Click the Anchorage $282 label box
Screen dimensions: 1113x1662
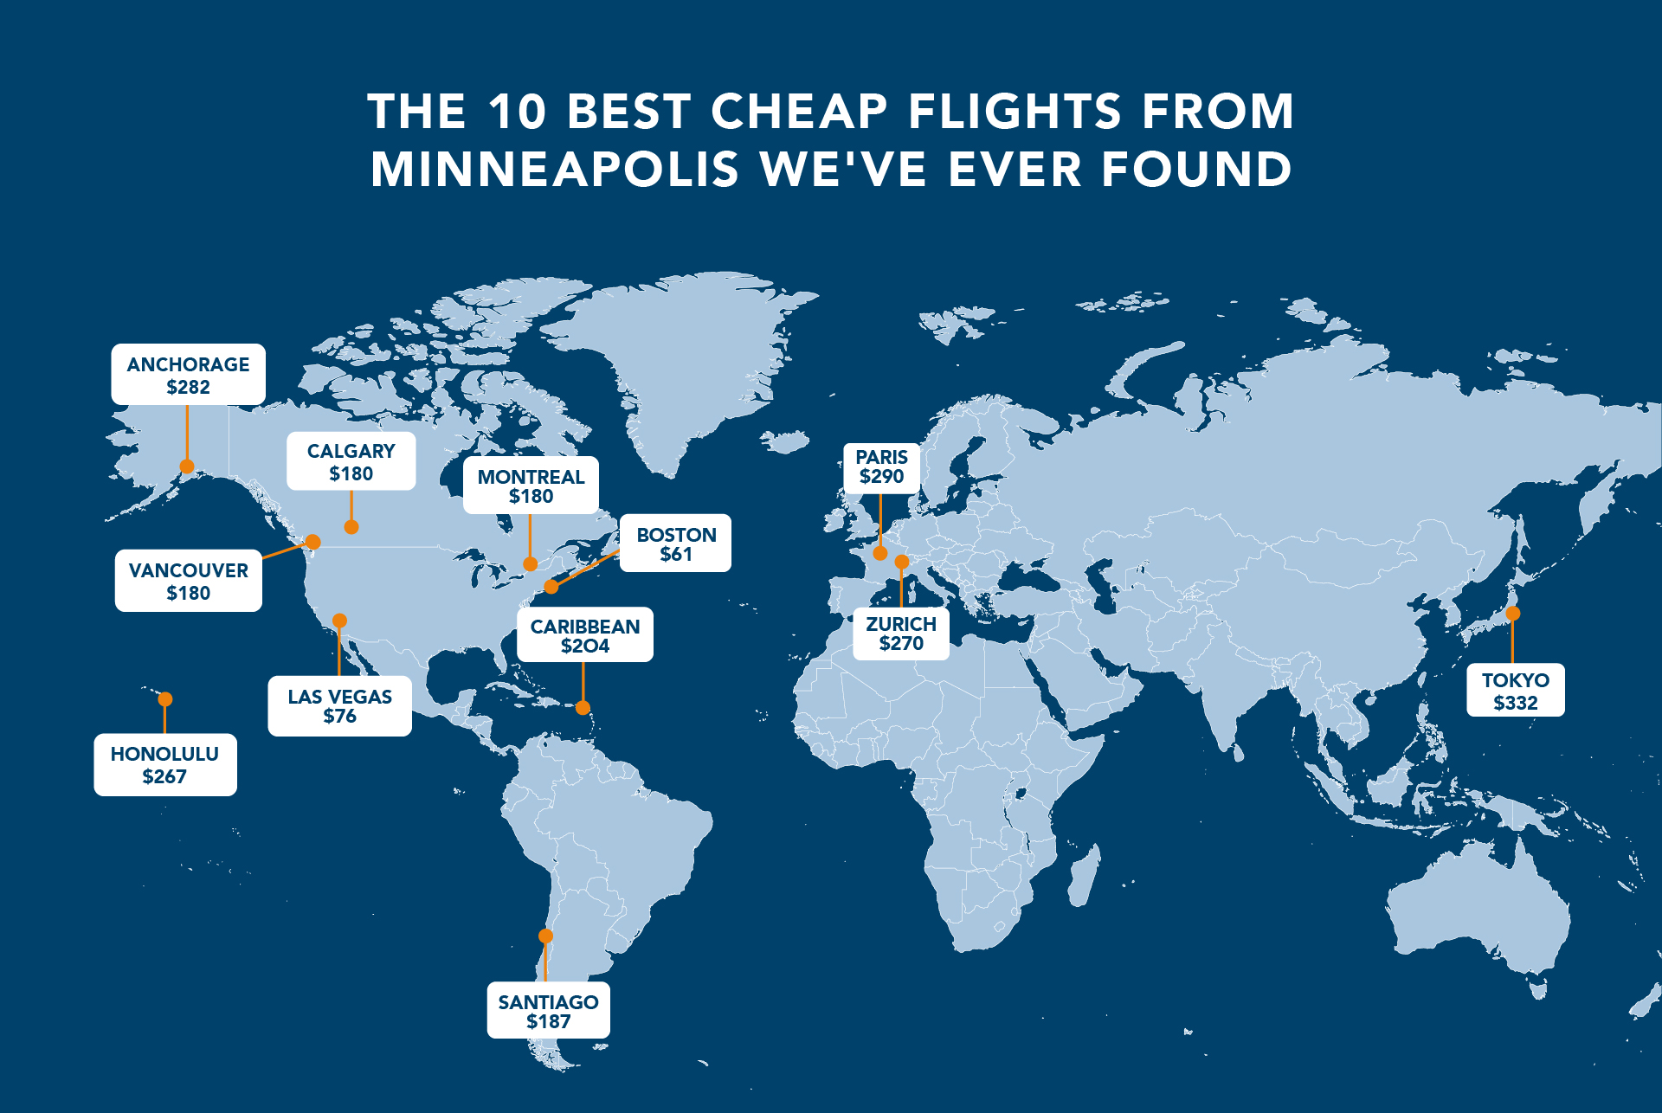188,375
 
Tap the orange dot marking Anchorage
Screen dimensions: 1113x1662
187,466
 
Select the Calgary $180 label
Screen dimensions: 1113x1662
351,461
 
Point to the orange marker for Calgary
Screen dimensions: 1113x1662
351,527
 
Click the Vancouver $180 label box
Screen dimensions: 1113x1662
188,581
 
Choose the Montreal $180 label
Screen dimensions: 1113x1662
531,486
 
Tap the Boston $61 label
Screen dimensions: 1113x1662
676,544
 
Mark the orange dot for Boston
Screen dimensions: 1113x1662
551,587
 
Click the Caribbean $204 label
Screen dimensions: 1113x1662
585,635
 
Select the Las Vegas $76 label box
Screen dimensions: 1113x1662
339,706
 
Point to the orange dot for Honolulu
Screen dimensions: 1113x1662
165,699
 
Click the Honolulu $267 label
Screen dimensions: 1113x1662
164,765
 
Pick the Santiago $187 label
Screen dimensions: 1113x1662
548,1011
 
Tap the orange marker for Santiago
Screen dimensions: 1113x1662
545,936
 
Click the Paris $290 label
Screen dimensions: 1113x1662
881,467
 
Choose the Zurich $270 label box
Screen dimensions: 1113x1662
901,634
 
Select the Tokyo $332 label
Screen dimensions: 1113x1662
1515,691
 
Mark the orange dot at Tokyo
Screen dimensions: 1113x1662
1512,614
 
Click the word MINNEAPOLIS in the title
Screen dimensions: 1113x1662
555,169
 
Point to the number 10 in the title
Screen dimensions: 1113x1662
517,112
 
